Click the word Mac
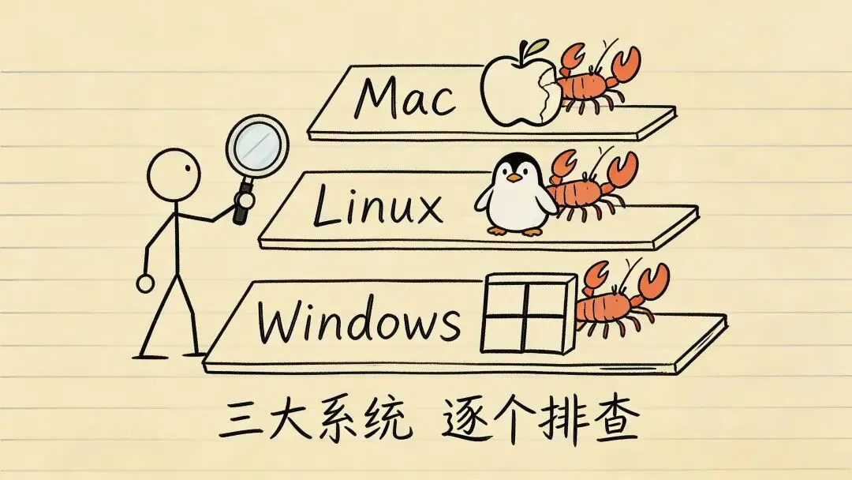pyautogui.click(x=404, y=97)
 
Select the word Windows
pyautogui.click(x=359, y=320)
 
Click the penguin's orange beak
pyautogui.click(x=515, y=178)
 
